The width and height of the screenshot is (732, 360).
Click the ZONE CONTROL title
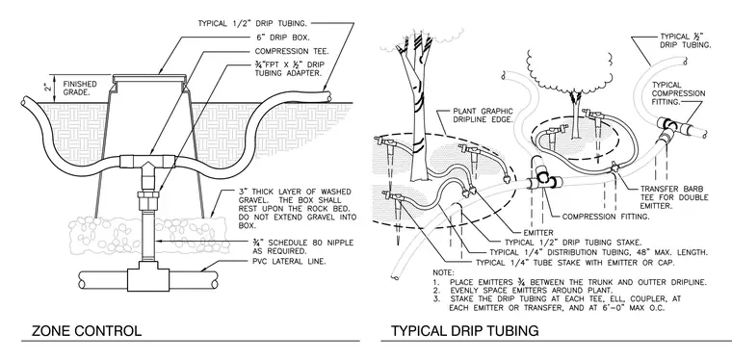(x=87, y=330)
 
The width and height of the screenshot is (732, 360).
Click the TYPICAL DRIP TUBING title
(x=464, y=330)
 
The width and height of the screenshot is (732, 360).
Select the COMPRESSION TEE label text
(x=292, y=51)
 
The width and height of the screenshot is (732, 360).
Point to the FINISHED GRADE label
(x=80, y=89)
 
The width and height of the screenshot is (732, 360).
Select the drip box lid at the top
(x=149, y=76)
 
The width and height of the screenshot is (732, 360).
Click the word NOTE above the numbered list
(x=443, y=272)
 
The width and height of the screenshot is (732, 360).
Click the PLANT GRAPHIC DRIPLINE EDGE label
(x=483, y=116)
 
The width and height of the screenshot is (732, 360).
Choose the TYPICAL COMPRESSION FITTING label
(x=678, y=92)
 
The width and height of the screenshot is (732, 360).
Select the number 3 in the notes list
(x=436, y=299)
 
